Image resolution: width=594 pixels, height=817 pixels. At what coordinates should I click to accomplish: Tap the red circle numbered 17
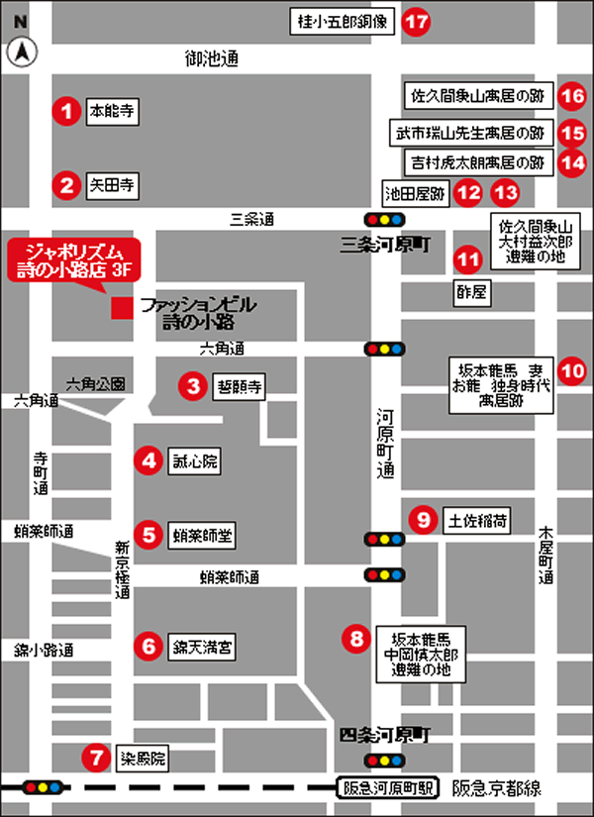tap(417, 20)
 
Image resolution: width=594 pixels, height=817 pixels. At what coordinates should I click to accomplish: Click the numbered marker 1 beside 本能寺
tap(66, 110)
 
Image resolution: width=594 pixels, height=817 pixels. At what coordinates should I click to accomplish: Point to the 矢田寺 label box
tap(112, 184)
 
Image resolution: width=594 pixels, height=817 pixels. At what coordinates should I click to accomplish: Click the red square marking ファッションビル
tap(122, 308)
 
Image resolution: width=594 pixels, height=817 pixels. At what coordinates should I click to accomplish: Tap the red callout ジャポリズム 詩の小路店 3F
tap(72, 258)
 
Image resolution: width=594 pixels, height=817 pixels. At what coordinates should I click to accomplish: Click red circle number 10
tap(571, 370)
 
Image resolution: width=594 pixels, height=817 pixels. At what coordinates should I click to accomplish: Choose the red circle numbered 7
tap(96, 760)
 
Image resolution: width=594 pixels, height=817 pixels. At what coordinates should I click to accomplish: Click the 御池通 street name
tap(212, 59)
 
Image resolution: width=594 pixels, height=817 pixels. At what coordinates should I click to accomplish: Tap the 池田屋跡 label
tap(416, 191)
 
